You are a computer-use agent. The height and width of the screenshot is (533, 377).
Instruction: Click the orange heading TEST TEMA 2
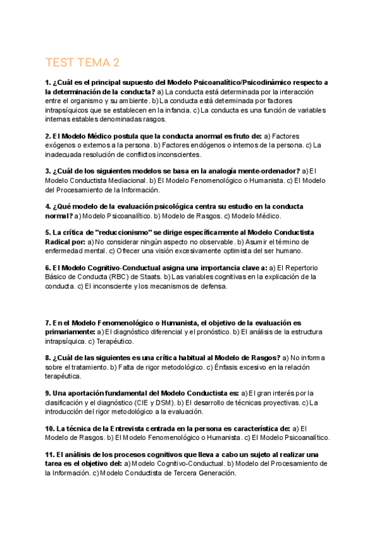82,63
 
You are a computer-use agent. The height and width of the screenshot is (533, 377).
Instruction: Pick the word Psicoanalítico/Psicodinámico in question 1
239,82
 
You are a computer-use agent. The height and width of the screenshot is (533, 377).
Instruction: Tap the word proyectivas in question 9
271,402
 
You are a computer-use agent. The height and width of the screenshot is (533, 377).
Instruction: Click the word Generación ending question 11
214,473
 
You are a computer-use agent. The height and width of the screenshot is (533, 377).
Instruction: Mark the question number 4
48,206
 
